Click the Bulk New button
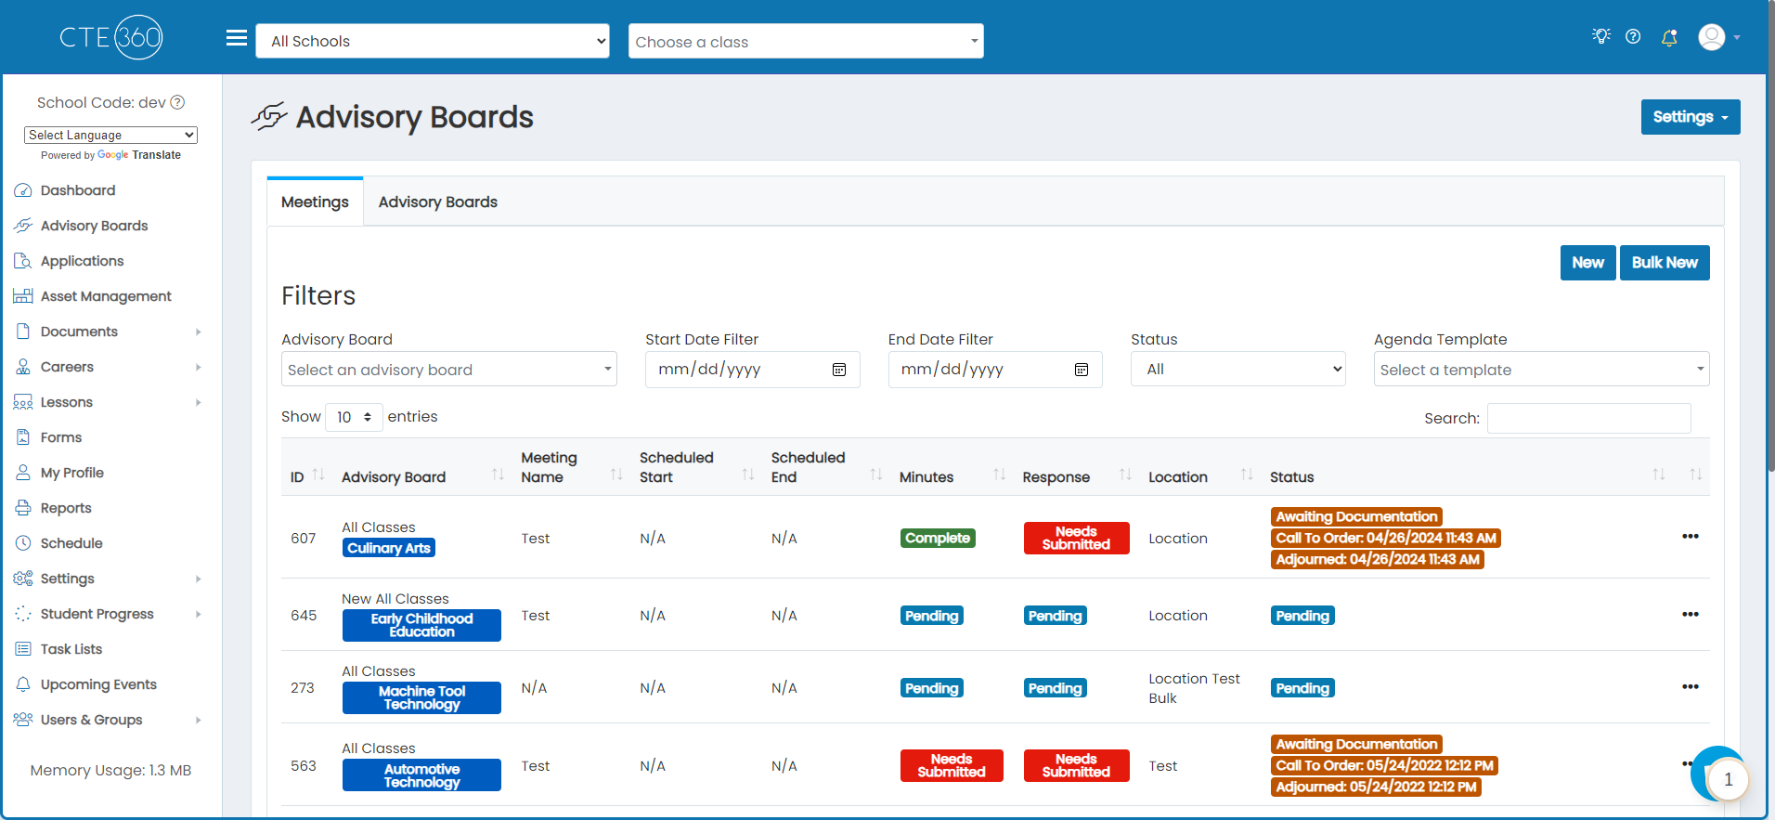[x=1665, y=263]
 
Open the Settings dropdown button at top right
[x=1690, y=117]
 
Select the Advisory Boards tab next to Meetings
[x=437, y=202]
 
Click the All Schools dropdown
[x=433, y=41]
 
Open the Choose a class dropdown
[x=806, y=41]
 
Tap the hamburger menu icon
[x=237, y=38]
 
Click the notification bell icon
[x=1669, y=37]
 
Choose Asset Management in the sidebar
[x=106, y=296]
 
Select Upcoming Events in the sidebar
[x=98, y=684]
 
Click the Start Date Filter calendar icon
[x=839, y=370]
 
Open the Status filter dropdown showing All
[x=1237, y=369]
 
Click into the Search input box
[x=1588, y=418]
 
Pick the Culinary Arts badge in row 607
[x=389, y=548]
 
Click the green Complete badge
[x=938, y=538]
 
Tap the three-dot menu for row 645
[x=1690, y=614]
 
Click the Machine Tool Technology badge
[x=421, y=697]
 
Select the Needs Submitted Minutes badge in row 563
[x=952, y=765]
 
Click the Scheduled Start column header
[x=677, y=467]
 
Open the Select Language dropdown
[x=110, y=135]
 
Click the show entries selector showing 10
[x=354, y=417]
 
